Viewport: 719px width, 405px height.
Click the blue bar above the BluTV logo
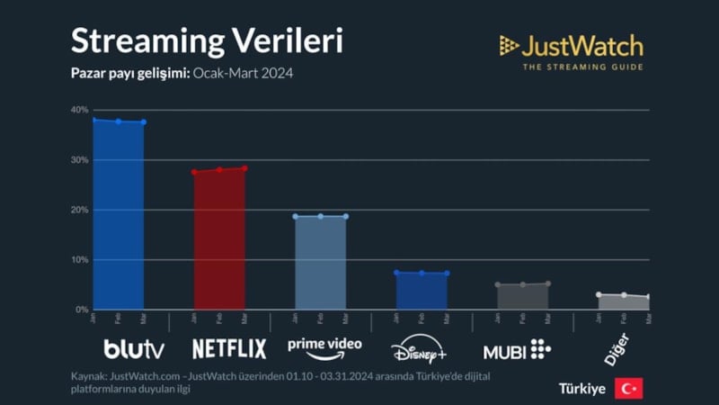118,216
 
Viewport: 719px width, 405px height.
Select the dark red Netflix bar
218,239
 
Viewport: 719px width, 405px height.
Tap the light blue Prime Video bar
320,263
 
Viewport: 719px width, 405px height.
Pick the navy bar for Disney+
422,291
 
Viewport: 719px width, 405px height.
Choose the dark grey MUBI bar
523,297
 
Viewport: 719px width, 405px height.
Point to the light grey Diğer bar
624,302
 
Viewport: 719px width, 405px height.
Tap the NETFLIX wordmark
229,348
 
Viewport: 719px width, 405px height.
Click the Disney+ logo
419,347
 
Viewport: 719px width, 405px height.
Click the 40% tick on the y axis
79,110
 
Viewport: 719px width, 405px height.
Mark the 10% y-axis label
79,260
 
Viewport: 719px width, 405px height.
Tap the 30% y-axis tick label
79,160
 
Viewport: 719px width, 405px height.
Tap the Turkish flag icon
628,389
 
